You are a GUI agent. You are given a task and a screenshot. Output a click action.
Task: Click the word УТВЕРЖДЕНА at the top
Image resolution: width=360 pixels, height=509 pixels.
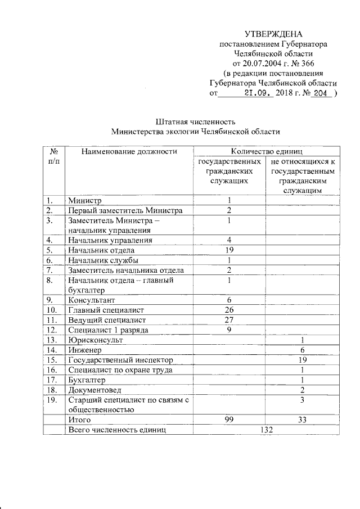[274, 34]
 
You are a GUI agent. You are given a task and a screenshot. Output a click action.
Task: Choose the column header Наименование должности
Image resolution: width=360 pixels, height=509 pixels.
[129, 151]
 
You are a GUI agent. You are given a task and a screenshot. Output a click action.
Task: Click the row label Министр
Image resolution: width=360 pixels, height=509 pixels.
[84, 200]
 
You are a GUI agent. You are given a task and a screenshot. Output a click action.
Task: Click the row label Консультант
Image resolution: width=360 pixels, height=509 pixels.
[89, 300]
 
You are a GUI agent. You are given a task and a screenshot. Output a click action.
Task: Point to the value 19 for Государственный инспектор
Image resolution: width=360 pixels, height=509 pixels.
[303, 359]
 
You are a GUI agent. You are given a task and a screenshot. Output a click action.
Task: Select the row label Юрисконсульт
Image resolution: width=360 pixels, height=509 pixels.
[95, 340]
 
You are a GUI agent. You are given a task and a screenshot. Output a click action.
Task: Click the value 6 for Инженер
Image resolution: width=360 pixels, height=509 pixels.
[303, 350]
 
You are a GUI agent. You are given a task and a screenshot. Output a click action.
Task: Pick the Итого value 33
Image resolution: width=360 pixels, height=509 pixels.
[303, 420]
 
